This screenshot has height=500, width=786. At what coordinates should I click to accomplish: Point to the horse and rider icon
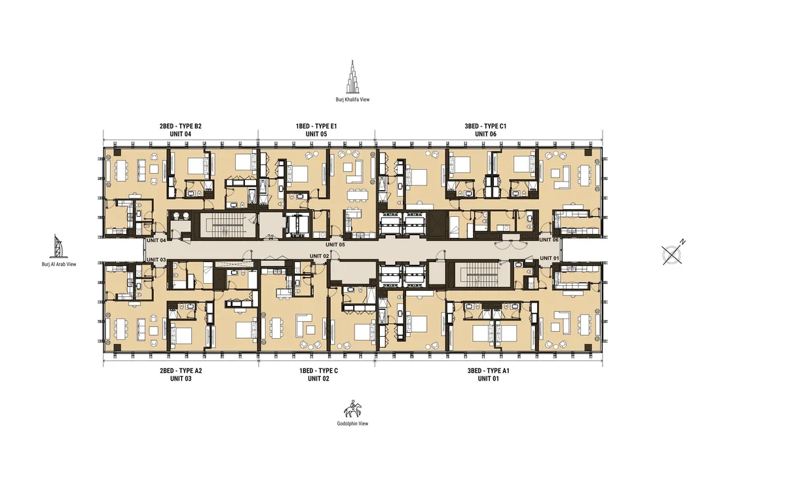tap(353, 409)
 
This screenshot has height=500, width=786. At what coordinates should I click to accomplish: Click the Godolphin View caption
tap(353, 424)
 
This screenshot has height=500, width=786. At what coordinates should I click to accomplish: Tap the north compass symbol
tap(673, 253)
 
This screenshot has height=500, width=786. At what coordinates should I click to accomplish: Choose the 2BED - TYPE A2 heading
tap(179, 370)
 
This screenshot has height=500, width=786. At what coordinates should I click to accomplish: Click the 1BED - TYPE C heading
tap(318, 370)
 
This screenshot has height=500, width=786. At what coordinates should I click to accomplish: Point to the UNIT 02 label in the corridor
tap(319, 256)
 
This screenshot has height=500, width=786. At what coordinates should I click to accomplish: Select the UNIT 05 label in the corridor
tap(335, 244)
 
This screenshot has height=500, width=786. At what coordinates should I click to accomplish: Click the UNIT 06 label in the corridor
tap(549, 240)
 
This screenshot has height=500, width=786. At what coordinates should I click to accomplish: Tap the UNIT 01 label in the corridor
tap(549, 259)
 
